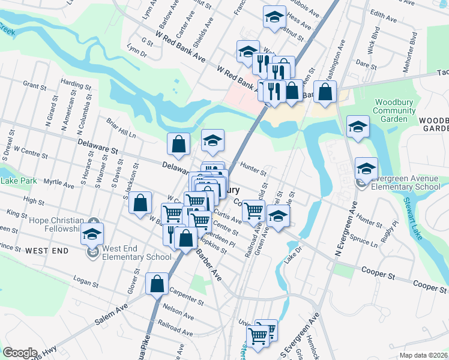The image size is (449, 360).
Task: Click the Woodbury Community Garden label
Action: (394, 110)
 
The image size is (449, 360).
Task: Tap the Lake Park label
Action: (18, 181)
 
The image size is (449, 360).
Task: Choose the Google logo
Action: (20, 353)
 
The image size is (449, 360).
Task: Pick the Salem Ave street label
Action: (111, 314)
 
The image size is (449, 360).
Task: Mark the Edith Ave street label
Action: (385, 16)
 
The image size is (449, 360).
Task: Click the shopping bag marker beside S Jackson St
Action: (140, 202)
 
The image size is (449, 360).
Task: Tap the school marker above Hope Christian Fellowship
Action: (92, 233)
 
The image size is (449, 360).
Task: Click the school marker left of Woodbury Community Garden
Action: (358, 127)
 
